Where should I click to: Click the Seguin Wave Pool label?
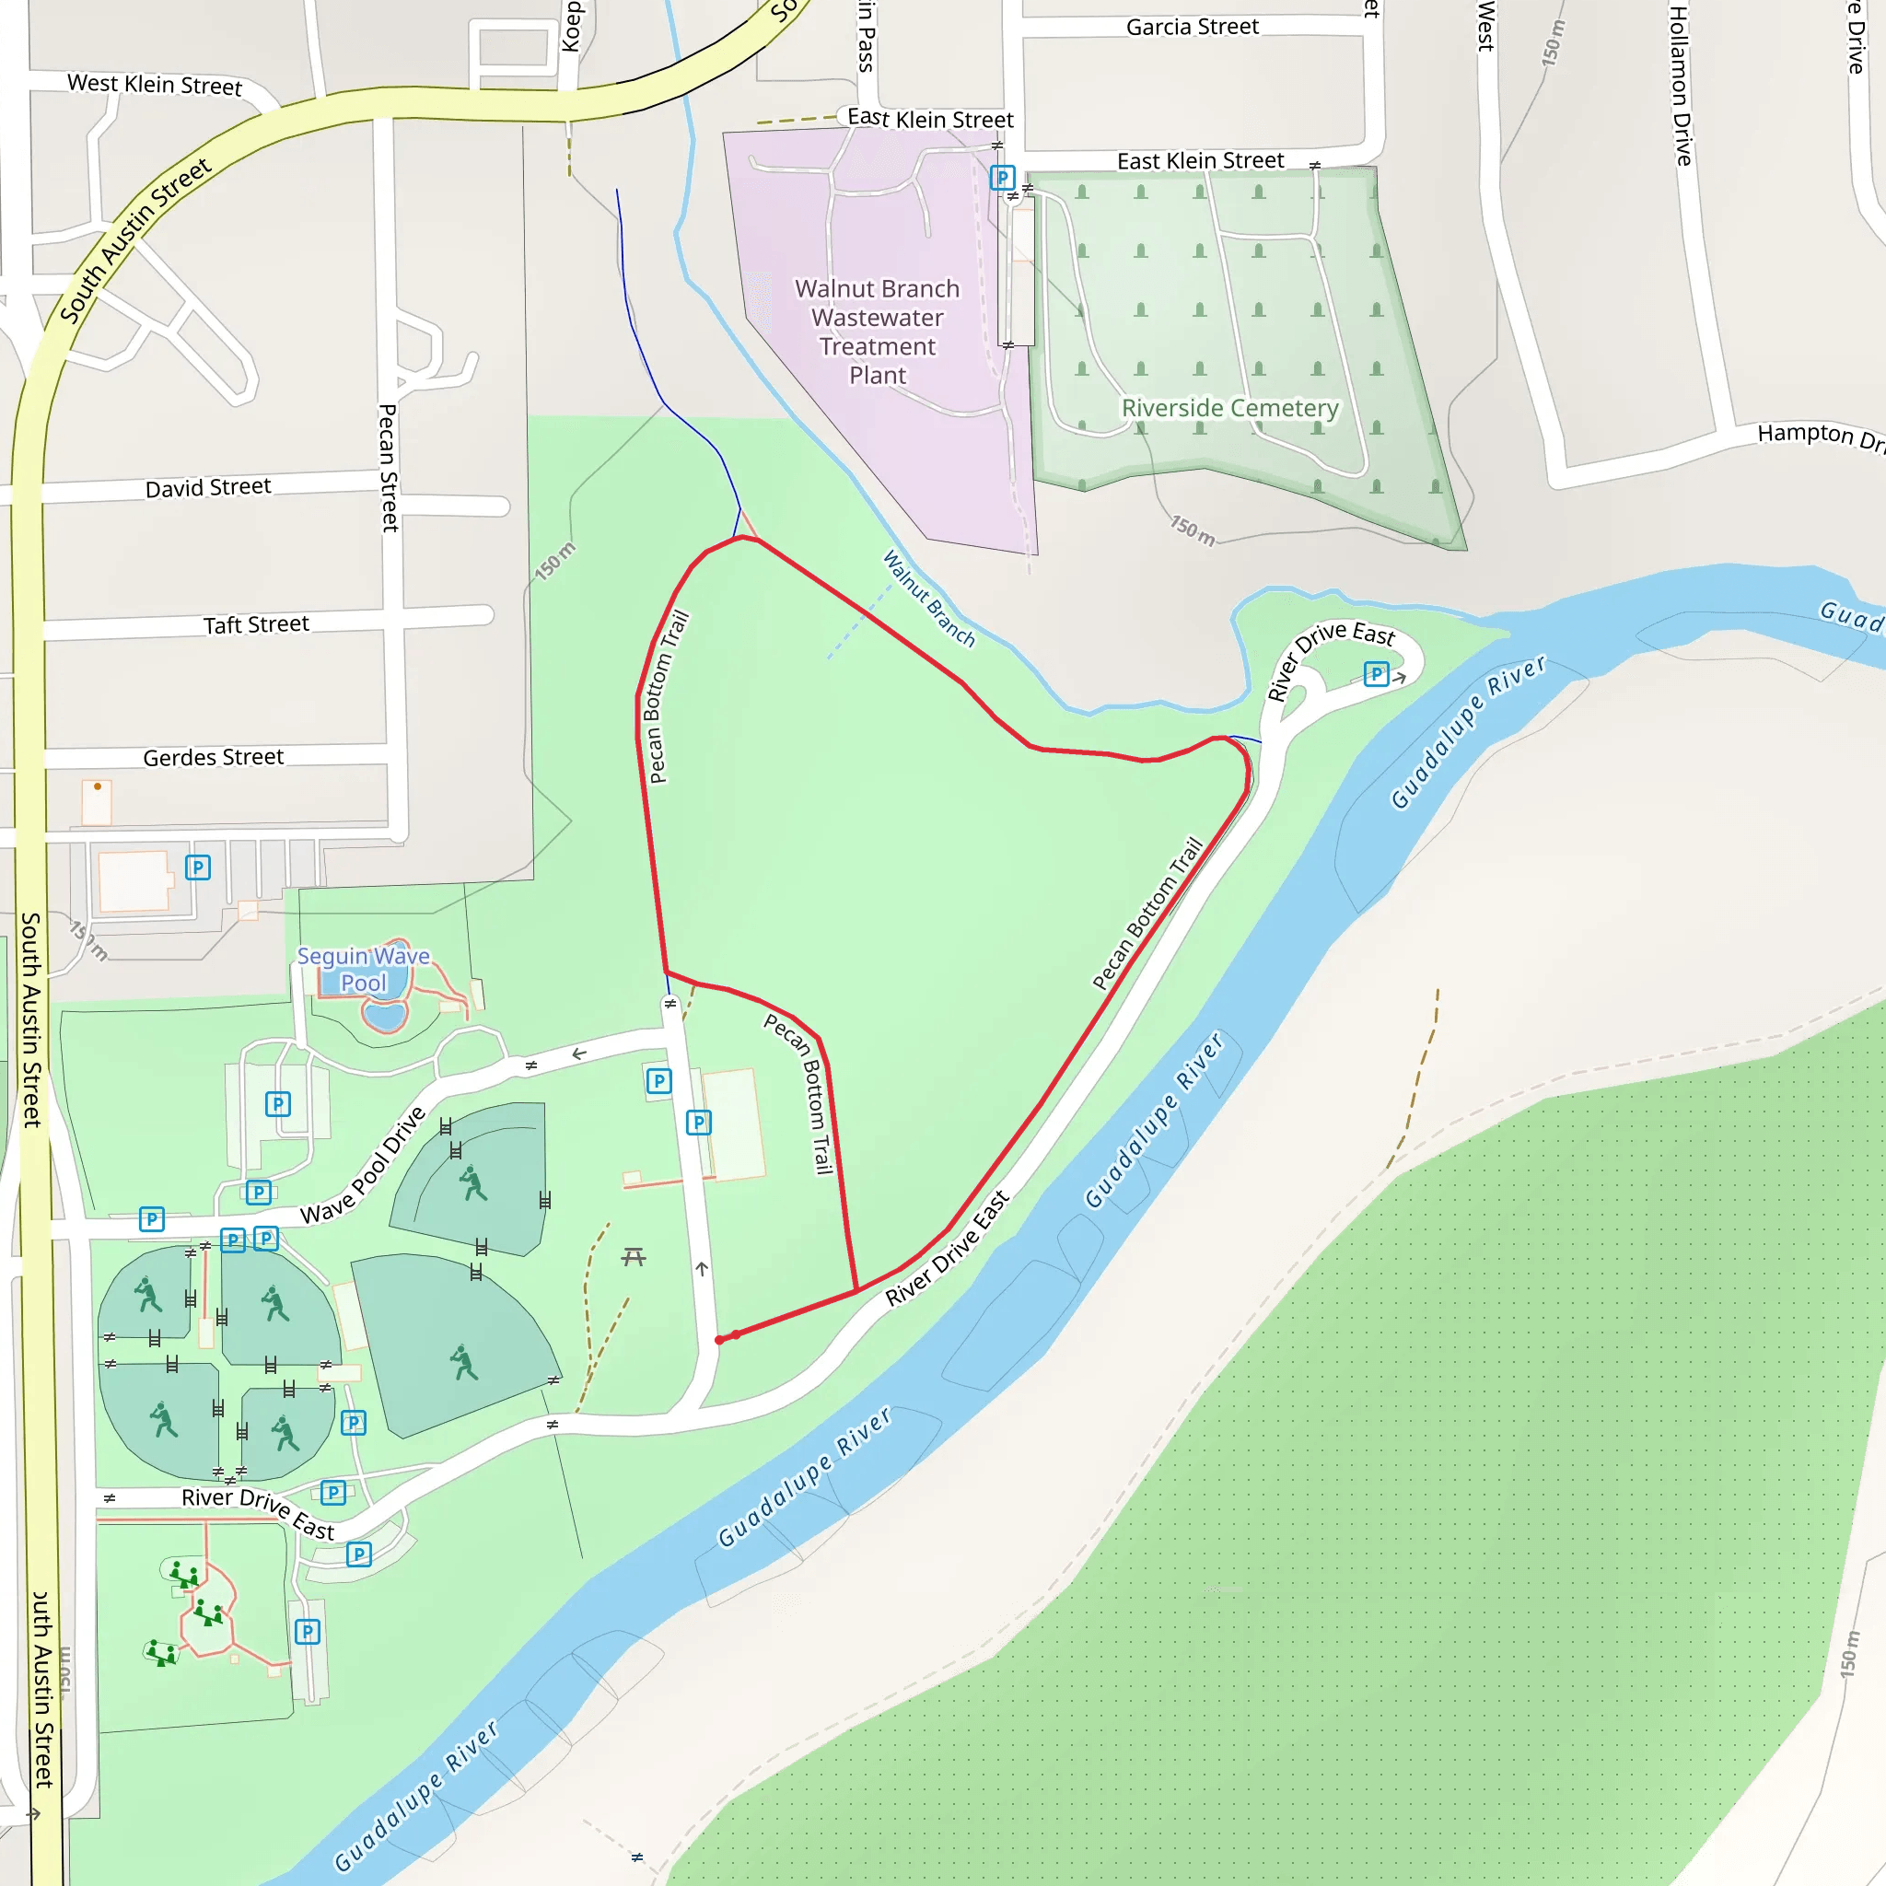pyautogui.click(x=363, y=970)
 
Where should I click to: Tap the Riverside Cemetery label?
pyautogui.click(x=1229, y=407)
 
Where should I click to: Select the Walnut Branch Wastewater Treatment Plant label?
pyautogui.click(x=877, y=332)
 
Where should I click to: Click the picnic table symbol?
pyautogui.click(x=634, y=1256)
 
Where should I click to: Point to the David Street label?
pyautogui.click(x=208, y=487)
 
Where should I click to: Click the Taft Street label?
pyautogui.click(x=256, y=624)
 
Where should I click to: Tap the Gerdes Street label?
pyautogui.click(x=213, y=758)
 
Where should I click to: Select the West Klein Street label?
pyautogui.click(x=154, y=85)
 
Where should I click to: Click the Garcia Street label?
pyautogui.click(x=1192, y=28)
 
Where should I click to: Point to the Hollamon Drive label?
pyautogui.click(x=1680, y=85)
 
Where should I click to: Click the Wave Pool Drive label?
pyautogui.click(x=363, y=1166)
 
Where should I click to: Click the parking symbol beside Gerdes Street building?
pyautogui.click(x=198, y=867)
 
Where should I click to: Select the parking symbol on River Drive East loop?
pyautogui.click(x=1376, y=673)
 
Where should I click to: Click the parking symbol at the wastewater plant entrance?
pyautogui.click(x=1002, y=178)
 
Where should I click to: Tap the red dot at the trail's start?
pyautogui.click(x=719, y=1339)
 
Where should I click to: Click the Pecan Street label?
pyautogui.click(x=389, y=468)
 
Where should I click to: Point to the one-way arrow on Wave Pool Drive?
pyautogui.click(x=579, y=1054)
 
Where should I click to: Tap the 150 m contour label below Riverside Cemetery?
pyautogui.click(x=1193, y=530)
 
